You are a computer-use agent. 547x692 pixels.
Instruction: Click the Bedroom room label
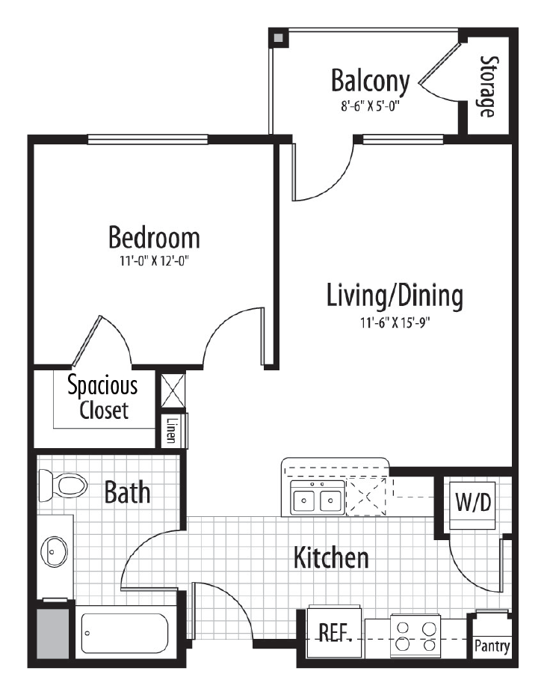point(154,238)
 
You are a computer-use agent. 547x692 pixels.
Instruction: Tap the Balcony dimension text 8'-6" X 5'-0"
point(371,105)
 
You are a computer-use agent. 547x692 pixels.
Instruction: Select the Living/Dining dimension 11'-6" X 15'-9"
point(395,322)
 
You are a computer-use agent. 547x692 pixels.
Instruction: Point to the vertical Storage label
point(487,86)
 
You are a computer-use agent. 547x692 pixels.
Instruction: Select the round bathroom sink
point(55,552)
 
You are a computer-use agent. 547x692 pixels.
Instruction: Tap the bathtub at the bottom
point(126,633)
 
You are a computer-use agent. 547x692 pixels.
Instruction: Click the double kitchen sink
point(318,499)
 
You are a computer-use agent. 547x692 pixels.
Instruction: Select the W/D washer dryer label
point(474,502)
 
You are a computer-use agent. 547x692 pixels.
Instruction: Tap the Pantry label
point(492,646)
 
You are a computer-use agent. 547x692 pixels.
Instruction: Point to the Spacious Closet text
point(102,397)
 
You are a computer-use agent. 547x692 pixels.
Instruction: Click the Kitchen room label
point(330,557)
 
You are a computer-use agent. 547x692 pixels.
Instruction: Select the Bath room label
point(127,493)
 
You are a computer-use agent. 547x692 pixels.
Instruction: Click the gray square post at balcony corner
point(278,38)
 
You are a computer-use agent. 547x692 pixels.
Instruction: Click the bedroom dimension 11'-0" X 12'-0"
point(154,262)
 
